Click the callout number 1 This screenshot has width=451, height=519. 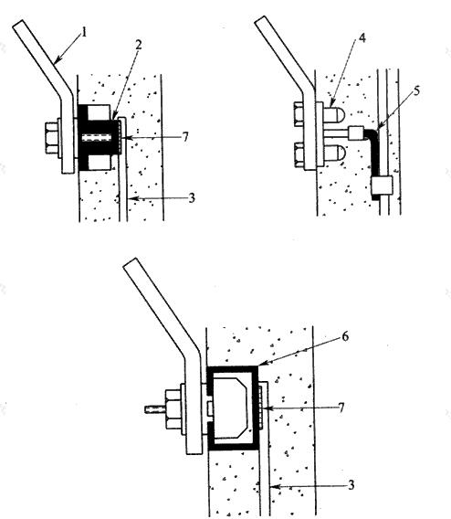84,33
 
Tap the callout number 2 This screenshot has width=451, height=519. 138,45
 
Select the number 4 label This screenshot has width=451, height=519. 362,38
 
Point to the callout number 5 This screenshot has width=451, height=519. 416,90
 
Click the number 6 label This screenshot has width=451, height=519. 345,336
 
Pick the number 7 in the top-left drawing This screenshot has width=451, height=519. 185,136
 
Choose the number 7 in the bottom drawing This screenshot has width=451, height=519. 341,408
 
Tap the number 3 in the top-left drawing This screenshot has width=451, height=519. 192,198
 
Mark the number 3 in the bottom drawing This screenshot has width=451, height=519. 351,485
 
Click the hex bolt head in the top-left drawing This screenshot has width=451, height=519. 51,138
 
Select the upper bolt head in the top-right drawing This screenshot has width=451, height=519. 299,114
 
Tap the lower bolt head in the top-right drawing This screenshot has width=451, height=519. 299,154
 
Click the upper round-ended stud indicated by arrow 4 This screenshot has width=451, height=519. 333,114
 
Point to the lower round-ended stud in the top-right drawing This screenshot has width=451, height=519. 334,154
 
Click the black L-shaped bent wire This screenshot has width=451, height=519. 375,155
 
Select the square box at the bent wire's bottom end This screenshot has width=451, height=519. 382,185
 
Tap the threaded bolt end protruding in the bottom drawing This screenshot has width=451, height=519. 154,409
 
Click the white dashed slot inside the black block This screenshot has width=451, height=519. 96,137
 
